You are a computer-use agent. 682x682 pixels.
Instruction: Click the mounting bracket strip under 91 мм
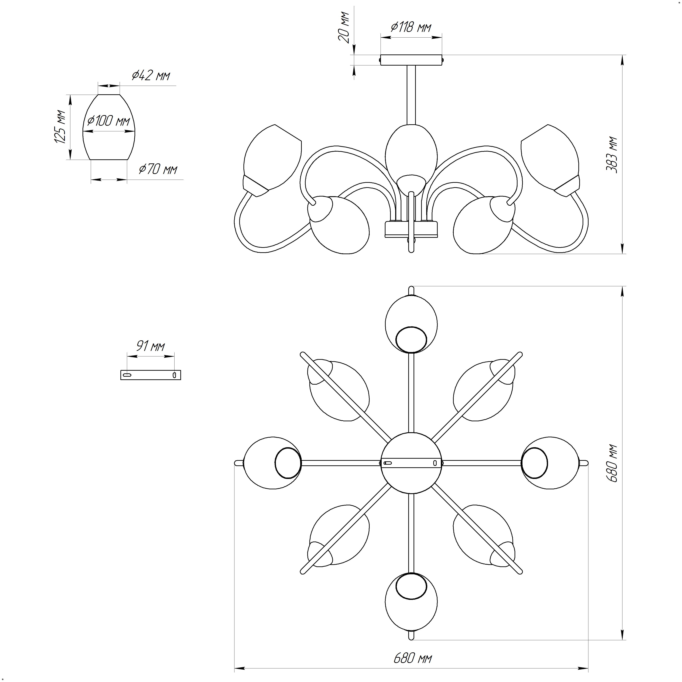click(x=151, y=375)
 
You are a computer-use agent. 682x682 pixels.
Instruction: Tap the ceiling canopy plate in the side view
click(x=411, y=60)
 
